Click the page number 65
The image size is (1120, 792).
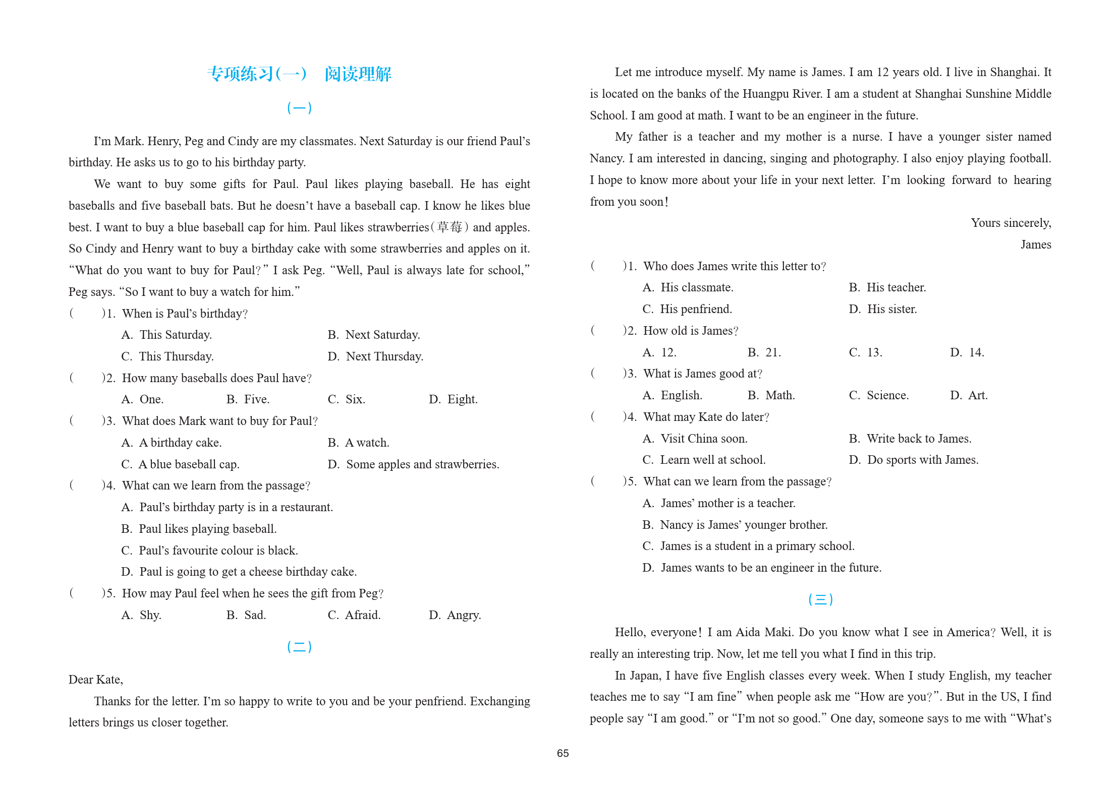coord(563,753)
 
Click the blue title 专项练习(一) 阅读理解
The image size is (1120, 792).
coord(299,74)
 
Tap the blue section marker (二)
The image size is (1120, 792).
coord(299,647)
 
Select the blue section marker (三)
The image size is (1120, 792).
coord(820,599)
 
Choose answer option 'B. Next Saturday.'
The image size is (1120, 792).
coord(374,335)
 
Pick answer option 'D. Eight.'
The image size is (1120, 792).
coord(453,399)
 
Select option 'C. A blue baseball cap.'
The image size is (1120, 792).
coord(180,464)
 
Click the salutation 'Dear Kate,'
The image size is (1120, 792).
coord(96,680)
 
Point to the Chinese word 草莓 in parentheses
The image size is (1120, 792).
coord(450,227)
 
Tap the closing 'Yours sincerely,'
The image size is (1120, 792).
coord(1011,223)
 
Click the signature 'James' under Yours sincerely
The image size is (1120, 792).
coord(1036,245)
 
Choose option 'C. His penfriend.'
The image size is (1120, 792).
coord(687,309)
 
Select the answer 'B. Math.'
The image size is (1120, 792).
coord(771,395)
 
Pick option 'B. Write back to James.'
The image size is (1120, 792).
coord(910,439)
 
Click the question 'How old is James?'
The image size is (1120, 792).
coord(690,331)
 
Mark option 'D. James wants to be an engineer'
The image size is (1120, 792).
coord(762,568)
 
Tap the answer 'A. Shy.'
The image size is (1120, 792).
coord(141,615)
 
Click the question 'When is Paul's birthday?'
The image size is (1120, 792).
coord(185,314)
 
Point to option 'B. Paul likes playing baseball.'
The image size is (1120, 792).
coord(199,529)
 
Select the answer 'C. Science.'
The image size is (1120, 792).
coord(879,395)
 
